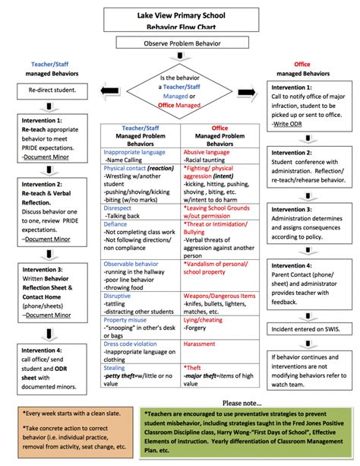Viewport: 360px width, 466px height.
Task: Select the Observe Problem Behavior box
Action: pos(179,44)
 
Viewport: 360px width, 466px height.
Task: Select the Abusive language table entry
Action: pos(205,152)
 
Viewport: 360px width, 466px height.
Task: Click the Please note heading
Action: pos(242,402)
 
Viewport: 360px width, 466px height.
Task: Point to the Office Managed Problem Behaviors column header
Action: pos(219,136)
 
